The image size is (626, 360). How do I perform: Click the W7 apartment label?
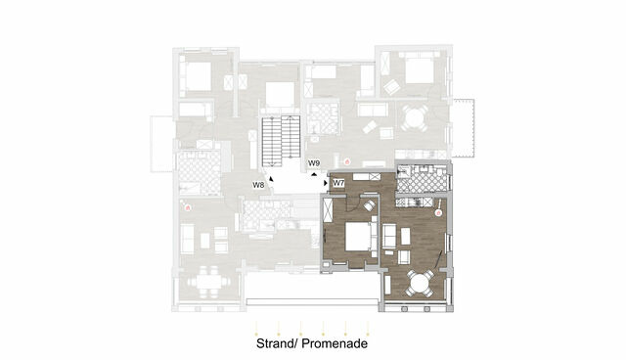pos(338,183)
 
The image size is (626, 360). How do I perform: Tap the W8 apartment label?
pos(258,184)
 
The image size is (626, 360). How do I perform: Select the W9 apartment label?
pos(314,162)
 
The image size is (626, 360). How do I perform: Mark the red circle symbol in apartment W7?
pos(439,211)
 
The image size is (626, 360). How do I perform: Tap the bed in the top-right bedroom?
pos(419,71)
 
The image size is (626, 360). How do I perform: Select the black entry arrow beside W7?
pos(328,182)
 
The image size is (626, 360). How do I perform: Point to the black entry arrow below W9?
pos(311,173)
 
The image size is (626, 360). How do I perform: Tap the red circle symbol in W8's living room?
pos(190,207)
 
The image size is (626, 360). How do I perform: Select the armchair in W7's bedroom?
pos(369,206)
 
